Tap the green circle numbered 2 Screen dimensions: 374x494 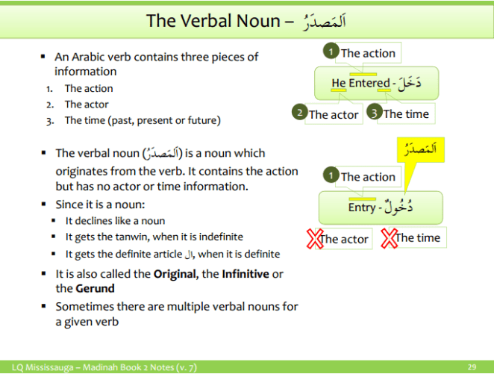click(x=300, y=113)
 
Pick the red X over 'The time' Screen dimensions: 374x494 click(x=390, y=239)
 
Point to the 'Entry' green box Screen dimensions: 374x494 click(x=381, y=208)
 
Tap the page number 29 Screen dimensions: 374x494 click(x=472, y=367)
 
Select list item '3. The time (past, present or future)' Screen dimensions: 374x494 click(x=142, y=120)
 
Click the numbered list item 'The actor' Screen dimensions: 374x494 click(x=87, y=105)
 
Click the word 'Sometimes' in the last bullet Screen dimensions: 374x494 click(x=83, y=306)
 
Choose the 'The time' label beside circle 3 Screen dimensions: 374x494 click(x=407, y=113)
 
